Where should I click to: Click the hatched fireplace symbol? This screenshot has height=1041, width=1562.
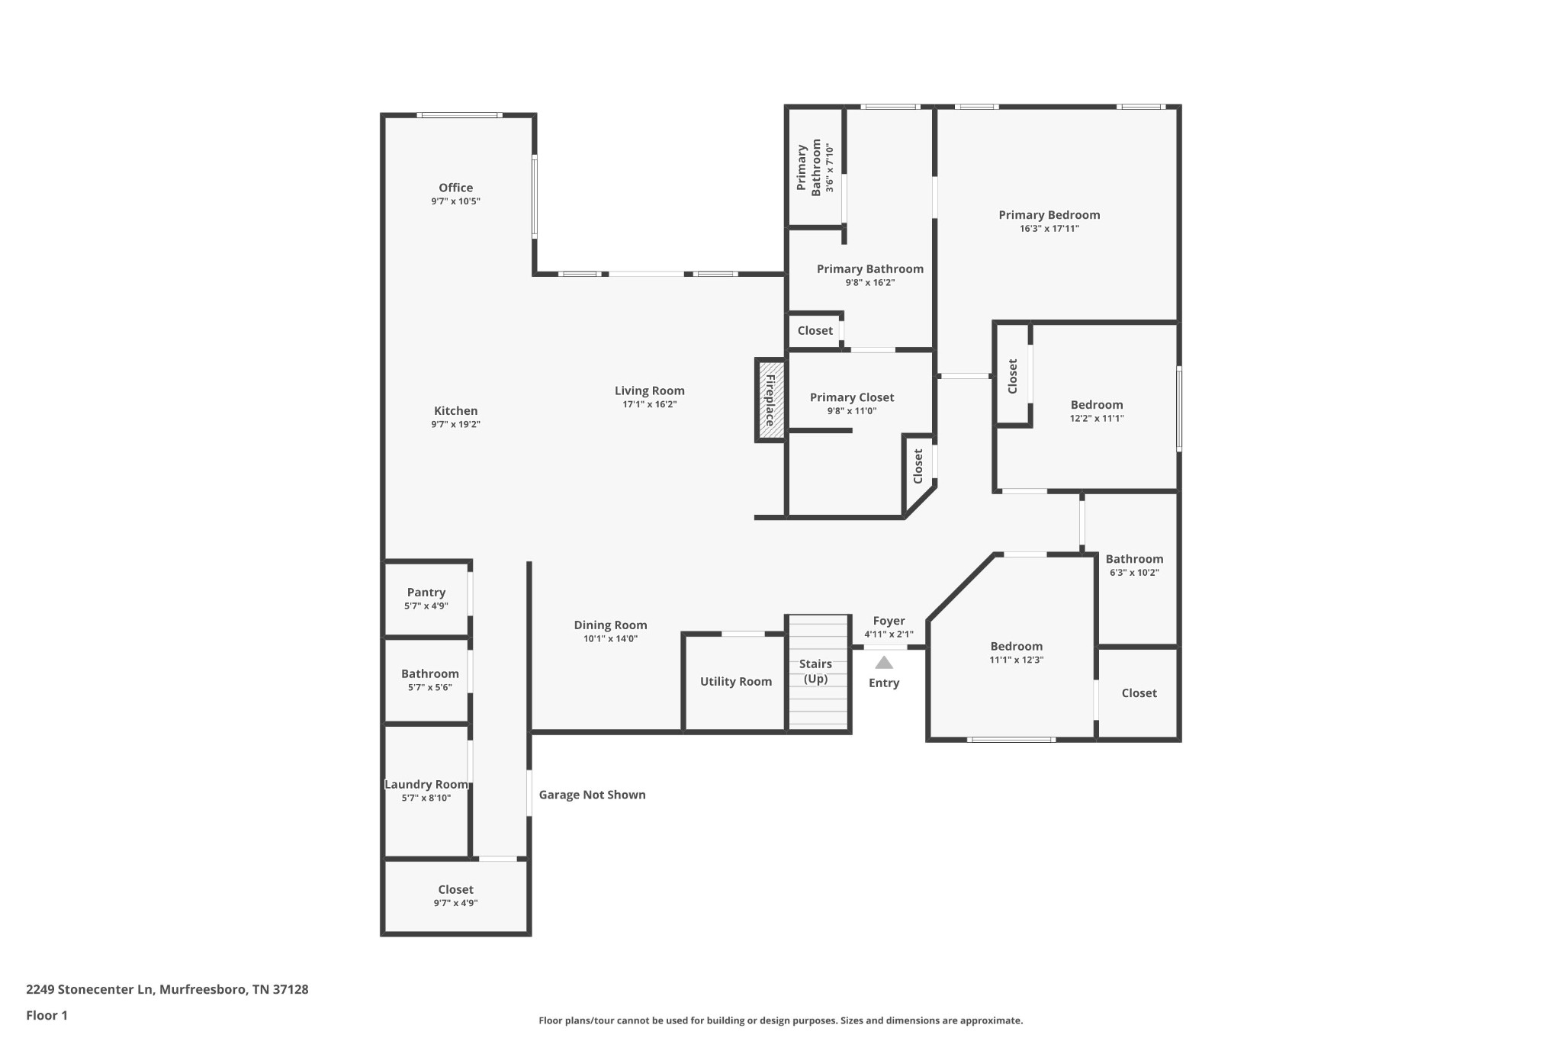point(770,400)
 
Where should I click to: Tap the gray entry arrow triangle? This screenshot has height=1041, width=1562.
point(883,663)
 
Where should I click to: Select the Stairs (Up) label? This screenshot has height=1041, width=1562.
point(815,671)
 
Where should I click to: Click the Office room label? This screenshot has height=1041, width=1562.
point(455,188)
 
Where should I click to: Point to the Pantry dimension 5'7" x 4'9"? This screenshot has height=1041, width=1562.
point(426,606)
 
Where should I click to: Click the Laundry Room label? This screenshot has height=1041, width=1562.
point(426,784)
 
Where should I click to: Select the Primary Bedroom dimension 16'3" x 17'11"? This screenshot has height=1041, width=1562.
point(1049,229)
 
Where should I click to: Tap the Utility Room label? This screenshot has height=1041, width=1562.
point(735,682)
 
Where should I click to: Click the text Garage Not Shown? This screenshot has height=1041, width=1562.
point(592,795)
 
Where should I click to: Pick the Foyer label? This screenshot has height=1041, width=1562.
point(889,621)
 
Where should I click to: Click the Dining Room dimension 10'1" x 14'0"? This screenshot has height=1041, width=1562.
point(610,639)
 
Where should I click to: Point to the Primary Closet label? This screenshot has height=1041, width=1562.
point(851,397)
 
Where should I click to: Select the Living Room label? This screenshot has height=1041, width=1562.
point(649,390)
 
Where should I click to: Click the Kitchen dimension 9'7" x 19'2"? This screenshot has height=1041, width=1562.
point(455,425)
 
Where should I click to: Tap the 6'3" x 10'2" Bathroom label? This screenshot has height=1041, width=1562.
point(1134,559)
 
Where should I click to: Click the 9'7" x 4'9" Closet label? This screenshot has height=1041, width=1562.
point(455,889)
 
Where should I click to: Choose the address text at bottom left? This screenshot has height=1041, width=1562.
point(167,989)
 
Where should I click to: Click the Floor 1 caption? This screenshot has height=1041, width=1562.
point(47,1015)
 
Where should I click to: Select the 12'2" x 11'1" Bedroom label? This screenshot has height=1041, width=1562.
point(1096,405)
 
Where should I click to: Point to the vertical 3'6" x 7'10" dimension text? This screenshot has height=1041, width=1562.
point(830,167)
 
